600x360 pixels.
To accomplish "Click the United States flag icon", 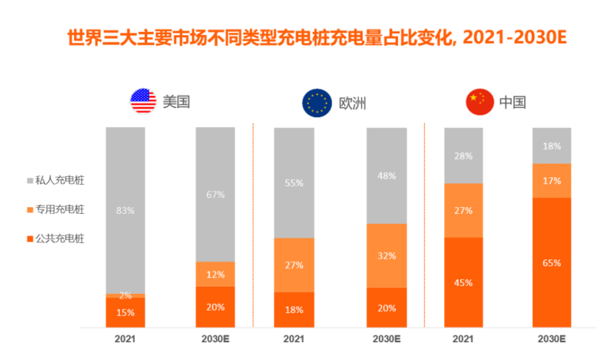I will pyautogui.click(x=143, y=102).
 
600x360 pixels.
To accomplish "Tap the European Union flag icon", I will pyautogui.click(x=317, y=102).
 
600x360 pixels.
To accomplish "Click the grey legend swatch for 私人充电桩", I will pyautogui.click(x=30, y=181).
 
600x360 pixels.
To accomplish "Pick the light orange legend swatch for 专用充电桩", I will pyautogui.click(x=30, y=210).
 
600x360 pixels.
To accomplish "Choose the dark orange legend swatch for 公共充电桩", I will pyautogui.click(x=30, y=239).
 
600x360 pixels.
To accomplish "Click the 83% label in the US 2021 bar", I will pyautogui.click(x=125, y=210).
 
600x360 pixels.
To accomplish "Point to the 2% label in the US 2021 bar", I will pyautogui.click(x=125, y=296).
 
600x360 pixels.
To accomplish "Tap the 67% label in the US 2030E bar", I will pyautogui.click(x=215, y=195).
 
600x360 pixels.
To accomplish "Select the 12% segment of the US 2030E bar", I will pyautogui.click(x=215, y=274).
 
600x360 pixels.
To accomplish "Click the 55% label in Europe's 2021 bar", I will pyautogui.click(x=294, y=183).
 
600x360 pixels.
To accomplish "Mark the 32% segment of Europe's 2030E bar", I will pyautogui.click(x=386, y=256).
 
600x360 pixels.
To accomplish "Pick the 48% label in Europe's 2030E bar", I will pyautogui.click(x=387, y=176).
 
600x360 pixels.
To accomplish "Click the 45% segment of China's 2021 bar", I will pyautogui.click(x=463, y=282).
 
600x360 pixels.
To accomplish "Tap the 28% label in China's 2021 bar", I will pyautogui.click(x=463, y=156).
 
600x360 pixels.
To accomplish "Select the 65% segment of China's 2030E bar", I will pyautogui.click(x=551, y=263).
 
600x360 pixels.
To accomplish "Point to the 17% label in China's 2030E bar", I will pyautogui.click(x=551, y=181).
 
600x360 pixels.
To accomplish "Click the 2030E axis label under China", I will pyautogui.click(x=551, y=339).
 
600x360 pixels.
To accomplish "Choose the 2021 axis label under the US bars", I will pyautogui.click(x=125, y=339).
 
